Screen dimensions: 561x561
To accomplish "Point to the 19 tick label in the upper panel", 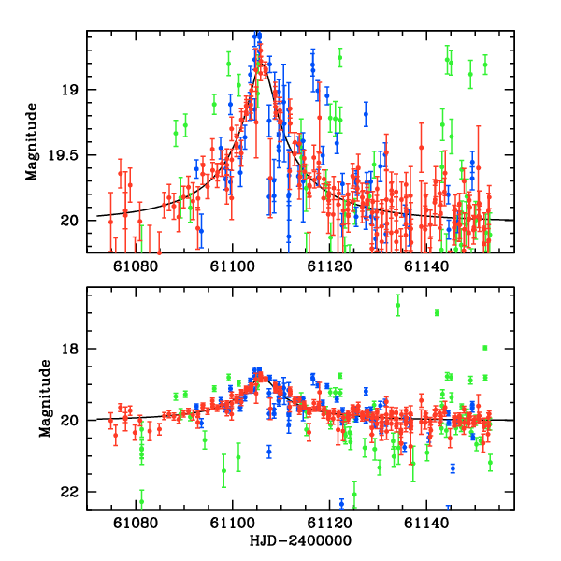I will click(75, 90).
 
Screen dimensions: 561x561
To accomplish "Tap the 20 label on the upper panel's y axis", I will click(75, 221).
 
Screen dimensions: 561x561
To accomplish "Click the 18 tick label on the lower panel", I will click(75, 350).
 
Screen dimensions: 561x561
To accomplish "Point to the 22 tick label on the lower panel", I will click(75, 492).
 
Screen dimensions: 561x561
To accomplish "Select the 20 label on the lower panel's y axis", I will click(75, 421).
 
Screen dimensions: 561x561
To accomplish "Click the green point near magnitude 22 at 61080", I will click(142, 501).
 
